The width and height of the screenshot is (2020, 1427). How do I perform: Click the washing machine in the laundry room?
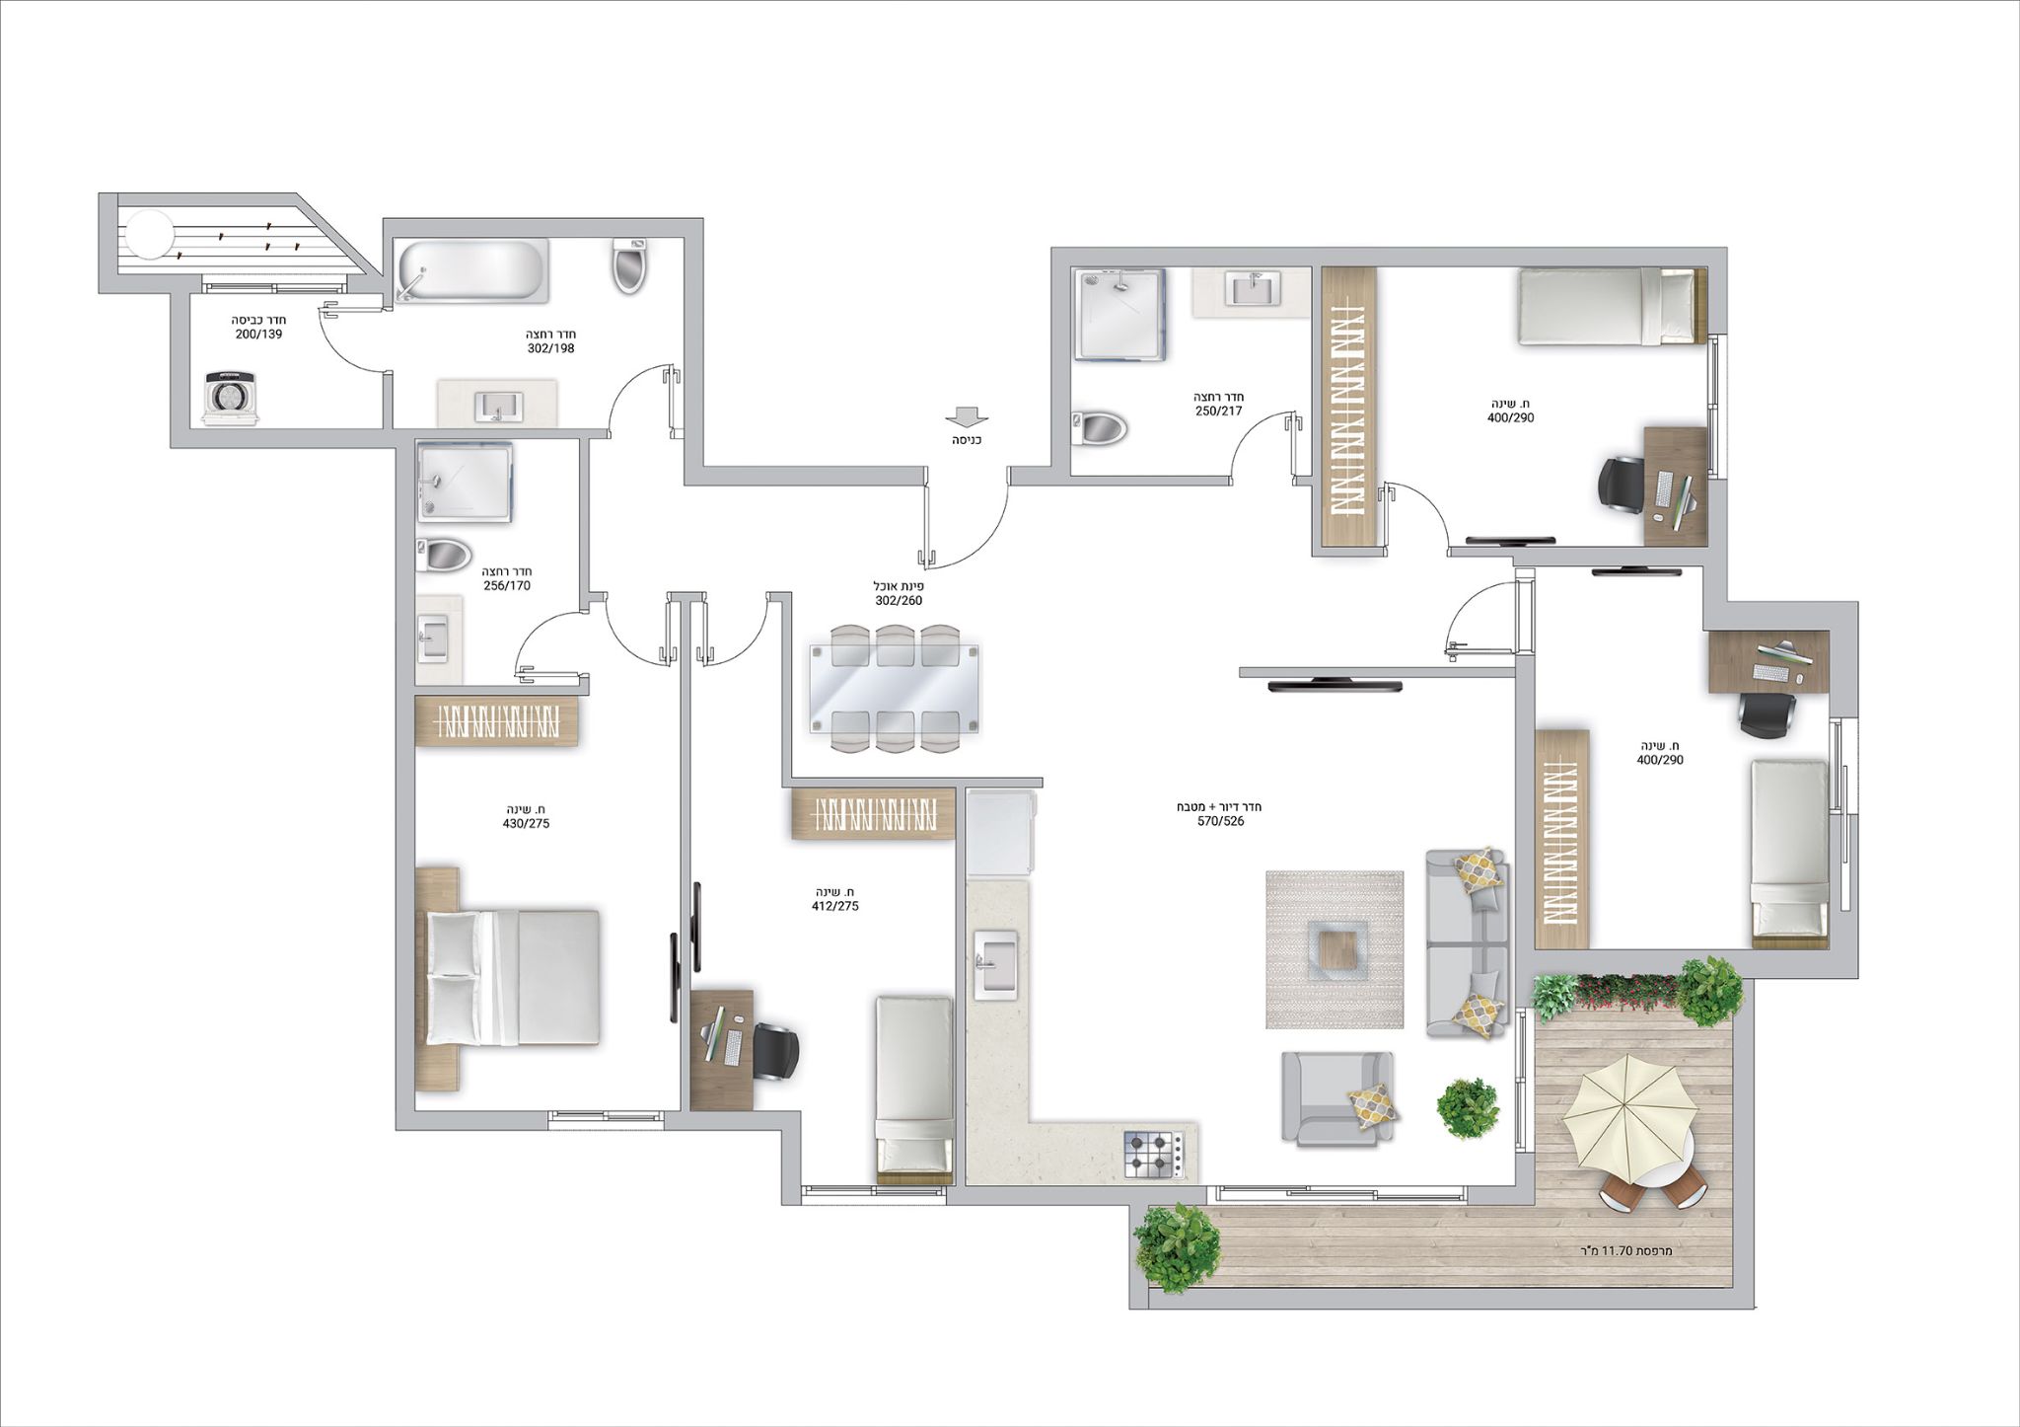pos(231,398)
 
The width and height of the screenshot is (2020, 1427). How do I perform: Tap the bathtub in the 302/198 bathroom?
pos(471,271)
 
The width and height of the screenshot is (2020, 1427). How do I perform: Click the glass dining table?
pos(896,688)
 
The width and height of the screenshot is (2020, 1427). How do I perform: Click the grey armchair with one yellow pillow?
pos(1337,1097)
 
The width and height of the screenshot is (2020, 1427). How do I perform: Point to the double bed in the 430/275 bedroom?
pos(513,977)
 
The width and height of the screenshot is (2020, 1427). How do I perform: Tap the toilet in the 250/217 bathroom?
pos(1100,428)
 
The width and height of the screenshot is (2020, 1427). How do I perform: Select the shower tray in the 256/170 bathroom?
pos(465,482)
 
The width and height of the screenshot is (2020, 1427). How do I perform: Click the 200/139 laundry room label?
pos(259,335)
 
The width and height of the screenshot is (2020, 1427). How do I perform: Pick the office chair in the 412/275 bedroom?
pos(774,1050)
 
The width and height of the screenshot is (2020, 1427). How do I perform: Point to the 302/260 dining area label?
pos(899,600)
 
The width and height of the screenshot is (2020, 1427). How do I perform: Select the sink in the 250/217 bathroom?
pos(1252,290)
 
